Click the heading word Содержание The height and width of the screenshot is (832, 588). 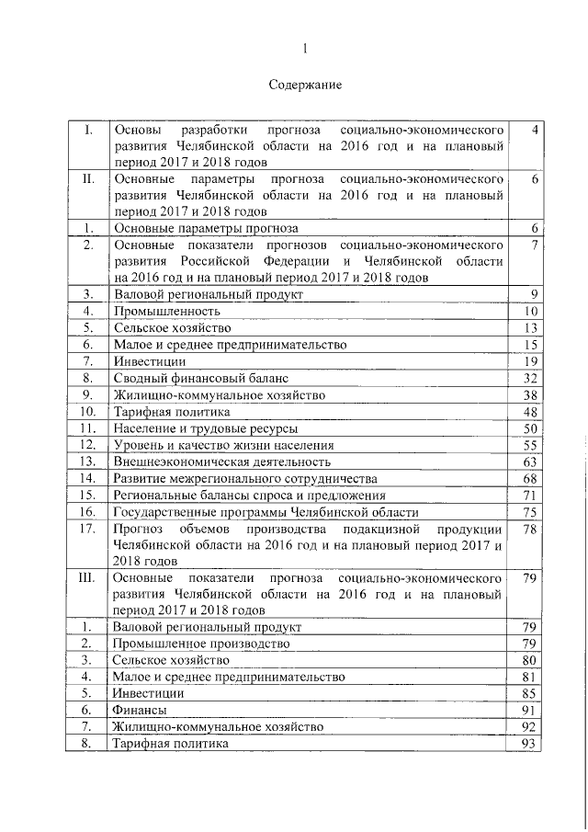point(305,85)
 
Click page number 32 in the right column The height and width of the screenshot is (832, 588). point(527,378)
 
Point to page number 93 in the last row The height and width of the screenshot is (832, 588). point(527,743)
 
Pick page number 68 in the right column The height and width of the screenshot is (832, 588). point(527,478)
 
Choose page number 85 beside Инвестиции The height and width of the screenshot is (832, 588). point(527,693)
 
